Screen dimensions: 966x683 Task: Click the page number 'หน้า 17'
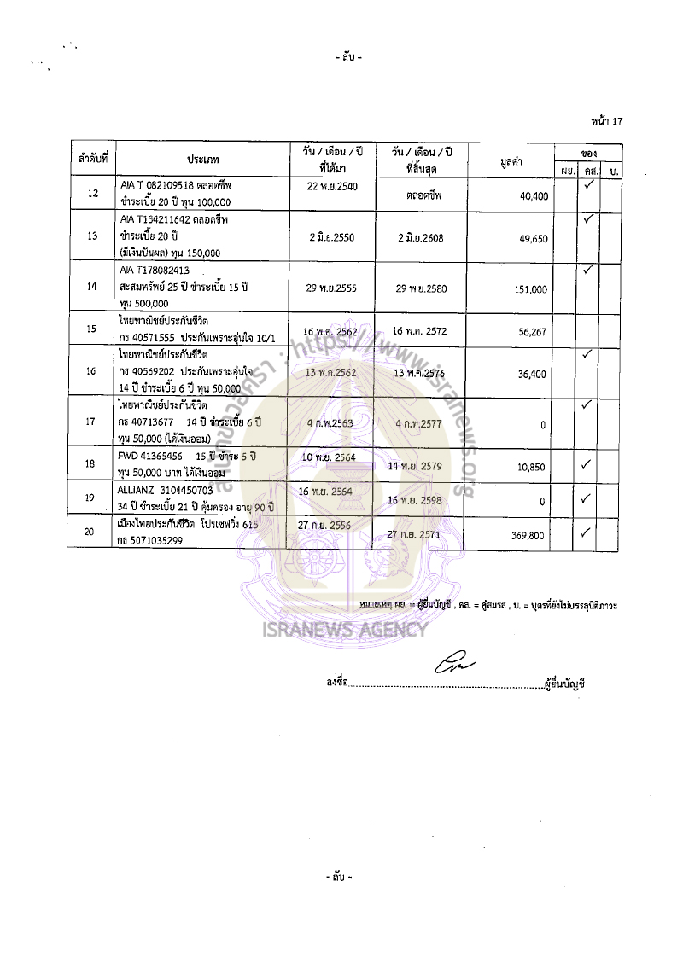tap(606, 121)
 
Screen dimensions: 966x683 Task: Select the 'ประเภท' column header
tap(203, 160)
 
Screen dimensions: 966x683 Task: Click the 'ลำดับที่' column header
tap(91, 160)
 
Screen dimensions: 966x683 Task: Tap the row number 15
tap(91, 329)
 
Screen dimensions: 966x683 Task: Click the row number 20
tap(91, 532)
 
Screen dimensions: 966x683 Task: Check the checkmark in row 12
tap(587, 185)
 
